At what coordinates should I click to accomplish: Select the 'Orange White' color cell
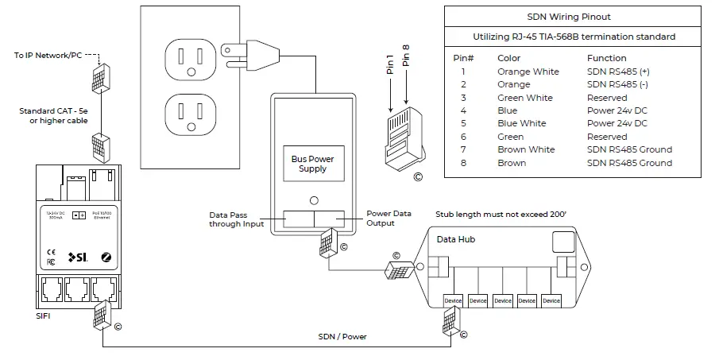coord(528,72)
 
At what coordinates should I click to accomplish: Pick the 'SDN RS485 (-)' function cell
coord(617,84)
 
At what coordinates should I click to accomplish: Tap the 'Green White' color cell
coord(524,98)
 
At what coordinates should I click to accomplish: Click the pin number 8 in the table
coord(462,163)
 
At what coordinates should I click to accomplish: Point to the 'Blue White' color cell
coord(521,124)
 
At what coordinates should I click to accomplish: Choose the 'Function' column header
coord(606,58)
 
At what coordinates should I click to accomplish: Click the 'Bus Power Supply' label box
coord(312,164)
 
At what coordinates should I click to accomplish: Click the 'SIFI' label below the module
coord(44,316)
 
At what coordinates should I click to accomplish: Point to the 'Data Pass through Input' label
coord(238,219)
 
